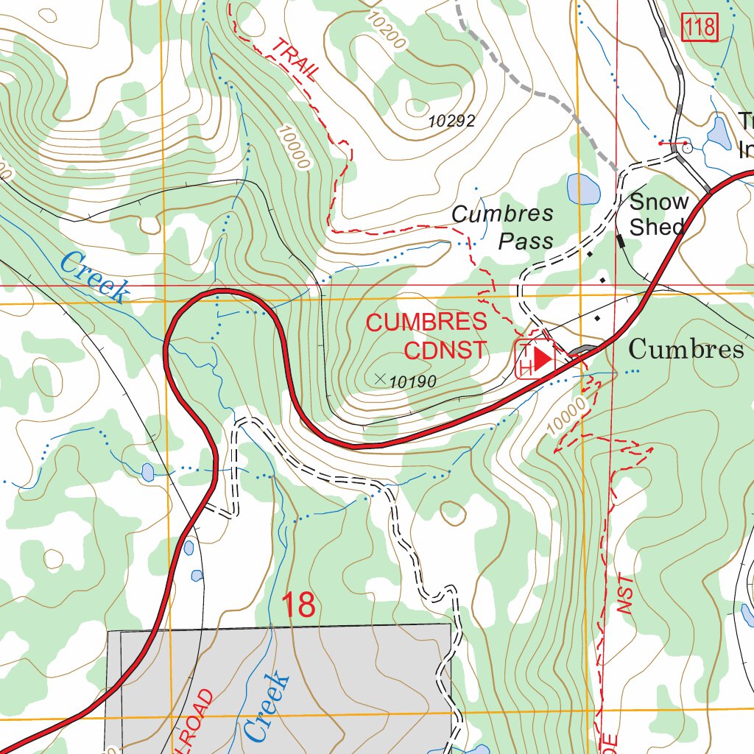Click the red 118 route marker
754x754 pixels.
[699, 28]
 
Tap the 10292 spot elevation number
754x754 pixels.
[453, 121]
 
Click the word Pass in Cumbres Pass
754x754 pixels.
[526, 240]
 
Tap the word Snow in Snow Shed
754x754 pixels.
[659, 201]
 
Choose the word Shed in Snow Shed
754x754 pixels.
[657, 227]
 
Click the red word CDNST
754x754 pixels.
[445, 350]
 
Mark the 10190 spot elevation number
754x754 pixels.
[413, 381]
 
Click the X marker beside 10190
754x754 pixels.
[380, 378]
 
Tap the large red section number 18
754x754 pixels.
[299, 605]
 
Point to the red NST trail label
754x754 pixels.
[625, 594]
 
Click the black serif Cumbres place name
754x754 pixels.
[686, 349]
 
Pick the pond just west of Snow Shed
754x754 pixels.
[584, 189]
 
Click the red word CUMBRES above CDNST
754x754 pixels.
[426, 323]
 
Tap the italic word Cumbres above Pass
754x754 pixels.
[502, 214]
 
